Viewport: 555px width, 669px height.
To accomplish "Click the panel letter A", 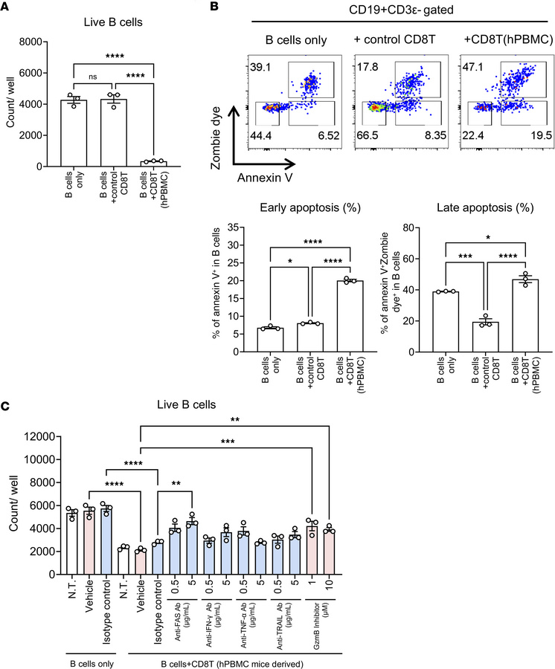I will pyautogui.click(x=7, y=7).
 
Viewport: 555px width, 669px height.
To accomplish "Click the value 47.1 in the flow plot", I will pyautogui.click(x=468, y=64).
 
